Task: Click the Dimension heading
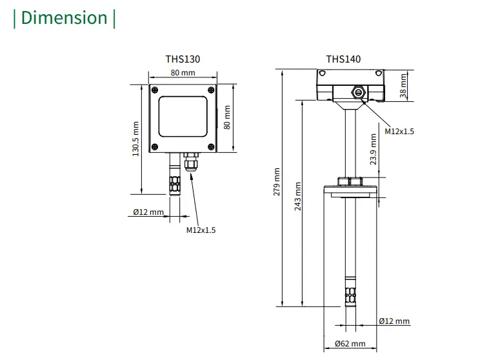tap(65, 17)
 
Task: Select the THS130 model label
tap(183, 59)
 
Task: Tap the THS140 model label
tap(343, 59)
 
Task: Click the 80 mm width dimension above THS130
tap(183, 73)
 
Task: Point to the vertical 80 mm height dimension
tap(226, 117)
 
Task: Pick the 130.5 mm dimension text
tap(135, 139)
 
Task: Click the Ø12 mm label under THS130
tap(148, 212)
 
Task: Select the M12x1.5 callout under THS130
tap(201, 230)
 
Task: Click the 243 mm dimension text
tap(297, 197)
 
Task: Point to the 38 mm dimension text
tap(404, 85)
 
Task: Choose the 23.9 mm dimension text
tap(373, 149)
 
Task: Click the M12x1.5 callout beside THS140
tap(399, 131)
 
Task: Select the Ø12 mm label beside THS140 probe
tap(394, 321)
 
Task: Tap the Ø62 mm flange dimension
tap(350, 344)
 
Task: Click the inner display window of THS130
tap(183, 117)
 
